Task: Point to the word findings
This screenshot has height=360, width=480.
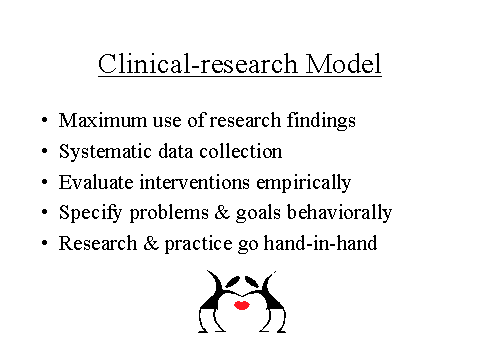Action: tap(320, 122)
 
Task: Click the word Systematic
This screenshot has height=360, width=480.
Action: tap(101, 152)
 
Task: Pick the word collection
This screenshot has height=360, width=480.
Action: tap(245, 152)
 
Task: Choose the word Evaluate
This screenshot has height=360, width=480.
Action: tap(92, 182)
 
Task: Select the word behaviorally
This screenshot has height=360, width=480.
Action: tap(339, 212)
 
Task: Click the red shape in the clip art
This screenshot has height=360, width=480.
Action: tap(241, 305)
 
